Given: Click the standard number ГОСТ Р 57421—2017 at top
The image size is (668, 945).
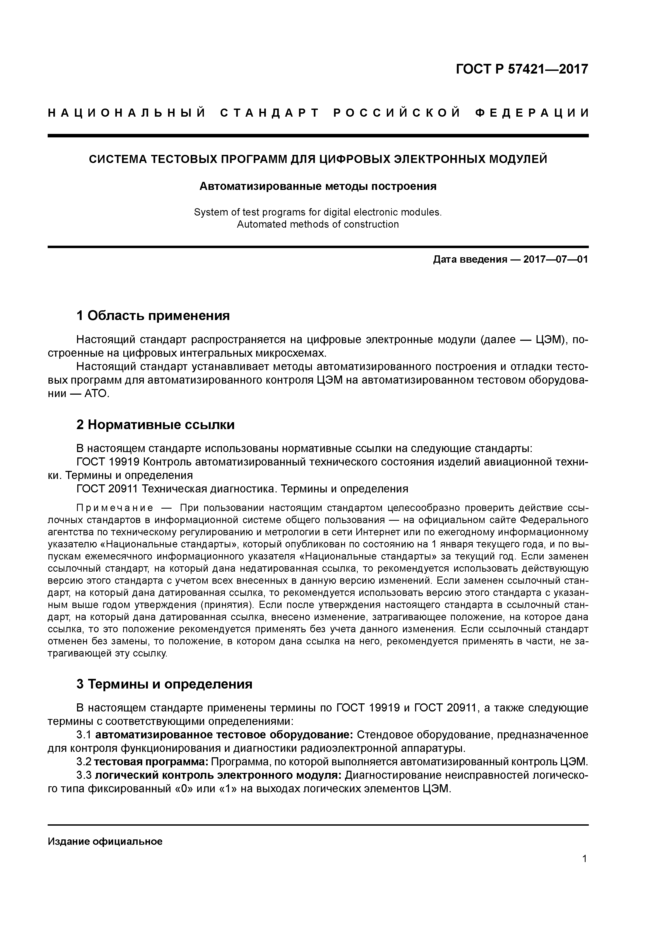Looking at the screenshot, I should point(522,69).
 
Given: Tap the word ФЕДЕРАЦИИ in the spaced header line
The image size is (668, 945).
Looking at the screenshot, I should point(532,113).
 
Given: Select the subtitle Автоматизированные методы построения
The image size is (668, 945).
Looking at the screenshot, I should point(318,186).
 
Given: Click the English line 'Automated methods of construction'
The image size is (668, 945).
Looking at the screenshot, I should point(318,224).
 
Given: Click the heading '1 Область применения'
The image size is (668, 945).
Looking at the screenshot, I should point(153,316).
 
